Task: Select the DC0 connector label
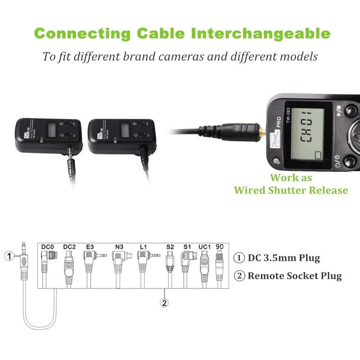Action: [x=47, y=247]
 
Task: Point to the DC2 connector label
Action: [x=69, y=247]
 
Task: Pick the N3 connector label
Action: [x=119, y=247]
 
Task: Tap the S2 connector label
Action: [x=170, y=247]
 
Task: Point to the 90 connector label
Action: [x=220, y=247]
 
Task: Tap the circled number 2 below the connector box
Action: [x=165, y=302]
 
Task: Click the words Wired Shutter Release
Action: [x=291, y=190]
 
